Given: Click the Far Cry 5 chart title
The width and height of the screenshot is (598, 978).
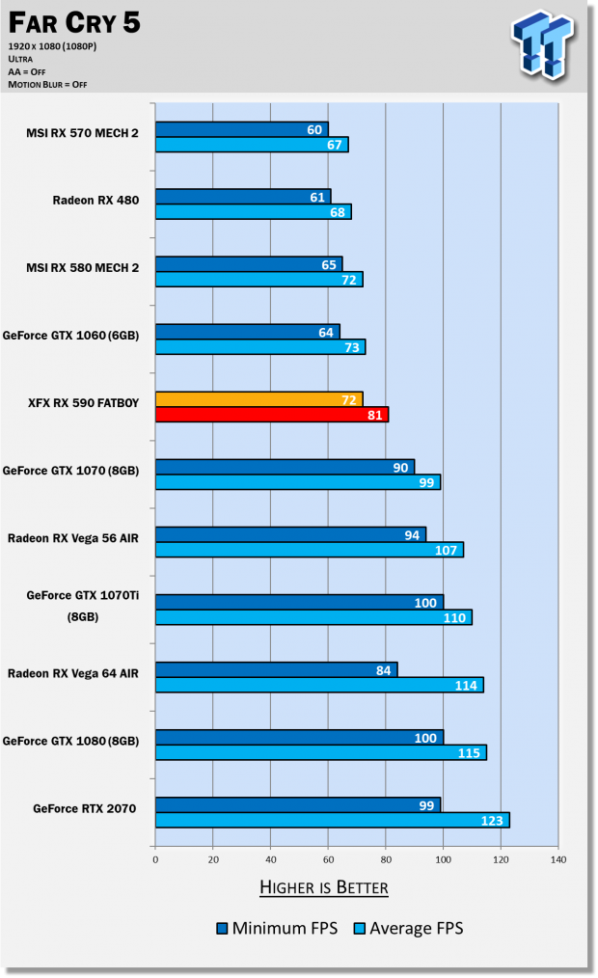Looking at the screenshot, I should [x=72, y=23].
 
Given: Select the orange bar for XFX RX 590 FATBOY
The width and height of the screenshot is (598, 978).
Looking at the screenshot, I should [x=258, y=399].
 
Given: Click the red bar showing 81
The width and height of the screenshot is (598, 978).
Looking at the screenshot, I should [x=271, y=415].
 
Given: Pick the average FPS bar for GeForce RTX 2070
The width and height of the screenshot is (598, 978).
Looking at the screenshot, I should [x=332, y=820].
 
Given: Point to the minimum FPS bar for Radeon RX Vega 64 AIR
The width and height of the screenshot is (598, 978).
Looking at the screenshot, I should [x=276, y=669].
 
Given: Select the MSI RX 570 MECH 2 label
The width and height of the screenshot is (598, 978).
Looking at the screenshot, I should [x=82, y=133].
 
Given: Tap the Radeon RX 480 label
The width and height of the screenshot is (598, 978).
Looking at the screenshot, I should [x=95, y=201].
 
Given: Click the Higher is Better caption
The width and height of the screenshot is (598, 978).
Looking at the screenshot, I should [x=324, y=887].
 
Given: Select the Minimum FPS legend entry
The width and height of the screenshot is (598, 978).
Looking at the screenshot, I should [x=277, y=929].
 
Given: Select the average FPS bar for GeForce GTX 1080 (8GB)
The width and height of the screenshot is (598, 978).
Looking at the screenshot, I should [x=320, y=752].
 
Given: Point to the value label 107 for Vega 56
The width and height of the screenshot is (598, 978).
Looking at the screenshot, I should [x=448, y=550].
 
